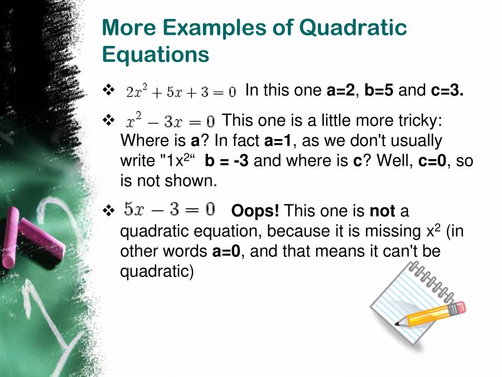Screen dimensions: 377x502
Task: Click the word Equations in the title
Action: tap(156, 55)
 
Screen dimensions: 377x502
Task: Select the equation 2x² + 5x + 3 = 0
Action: tap(181, 91)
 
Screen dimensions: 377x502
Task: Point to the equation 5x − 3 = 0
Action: tap(169, 210)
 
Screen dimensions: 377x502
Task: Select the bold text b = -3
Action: tap(226, 161)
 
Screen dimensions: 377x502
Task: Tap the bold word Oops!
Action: tap(255, 211)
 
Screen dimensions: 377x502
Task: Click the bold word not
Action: tap(382, 211)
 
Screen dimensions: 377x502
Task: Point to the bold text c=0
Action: tap(433, 161)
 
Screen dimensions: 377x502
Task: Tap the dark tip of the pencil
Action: tap(398, 323)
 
